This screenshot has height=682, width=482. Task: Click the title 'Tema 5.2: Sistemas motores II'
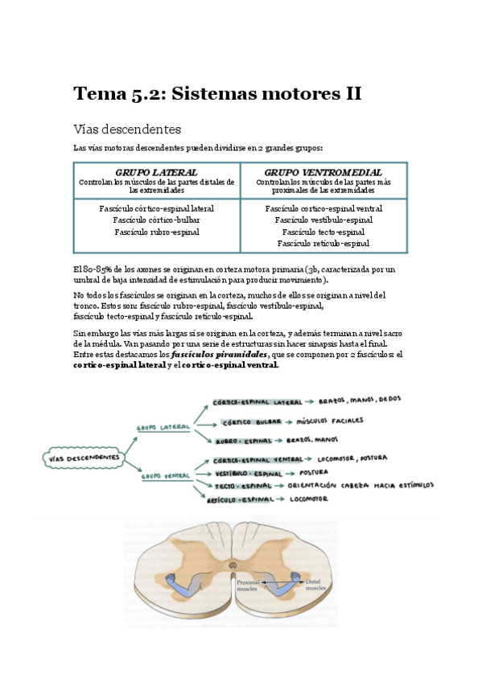pyautogui.click(x=217, y=94)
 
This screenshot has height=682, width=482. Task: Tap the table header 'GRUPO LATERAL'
pyautogui.click(x=156, y=173)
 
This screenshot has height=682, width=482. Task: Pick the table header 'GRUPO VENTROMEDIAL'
pyautogui.click(x=323, y=173)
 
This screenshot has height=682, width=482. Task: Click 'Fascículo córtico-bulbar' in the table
pyautogui.click(x=156, y=220)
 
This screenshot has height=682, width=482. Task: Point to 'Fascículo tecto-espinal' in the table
pyautogui.click(x=323, y=232)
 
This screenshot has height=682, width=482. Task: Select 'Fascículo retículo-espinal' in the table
pyautogui.click(x=323, y=243)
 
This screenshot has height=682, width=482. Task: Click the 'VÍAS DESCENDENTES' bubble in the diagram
pyautogui.click(x=83, y=458)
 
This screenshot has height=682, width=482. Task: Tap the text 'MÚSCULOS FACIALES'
pyautogui.click(x=330, y=420)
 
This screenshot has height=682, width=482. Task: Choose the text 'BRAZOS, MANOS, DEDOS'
pyautogui.click(x=359, y=399)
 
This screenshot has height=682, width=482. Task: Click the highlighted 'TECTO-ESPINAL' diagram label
pyautogui.click(x=243, y=486)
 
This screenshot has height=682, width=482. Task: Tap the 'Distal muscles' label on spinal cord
pyautogui.click(x=314, y=585)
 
